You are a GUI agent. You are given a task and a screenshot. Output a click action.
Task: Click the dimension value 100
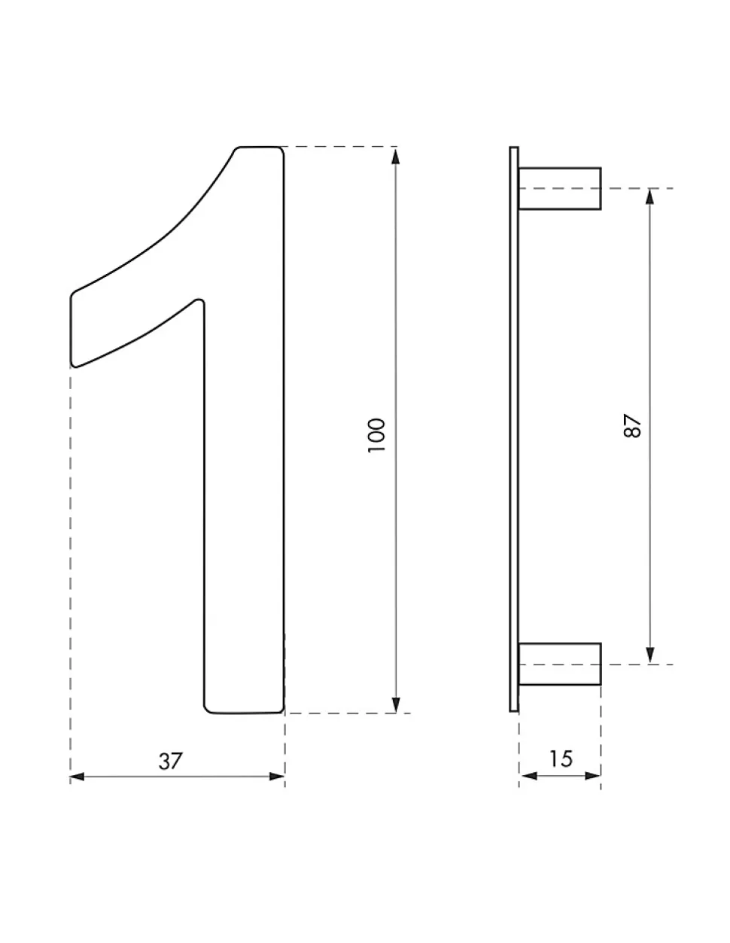pos(376,435)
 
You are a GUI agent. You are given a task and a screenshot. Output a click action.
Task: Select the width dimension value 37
pos(171,762)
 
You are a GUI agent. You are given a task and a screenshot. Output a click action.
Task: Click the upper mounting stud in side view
pos(559,188)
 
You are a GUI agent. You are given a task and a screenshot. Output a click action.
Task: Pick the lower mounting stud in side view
pos(559,664)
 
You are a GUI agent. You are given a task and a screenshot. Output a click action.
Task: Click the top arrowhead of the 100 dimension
pos(395,157)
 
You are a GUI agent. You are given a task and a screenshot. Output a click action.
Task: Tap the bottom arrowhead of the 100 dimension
pos(395,704)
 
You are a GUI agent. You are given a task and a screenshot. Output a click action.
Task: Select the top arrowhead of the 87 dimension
pos(649,197)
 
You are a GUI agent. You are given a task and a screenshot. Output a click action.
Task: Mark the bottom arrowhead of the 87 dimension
pos(649,655)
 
